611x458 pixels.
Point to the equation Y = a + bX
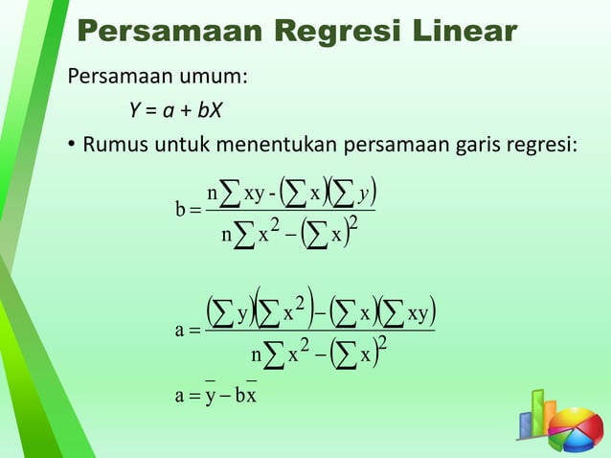[x=176, y=112]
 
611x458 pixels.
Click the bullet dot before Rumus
[x=72, y=148]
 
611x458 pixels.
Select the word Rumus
[x=117, y=148]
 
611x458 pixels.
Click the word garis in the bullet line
[x=458, y=148]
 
